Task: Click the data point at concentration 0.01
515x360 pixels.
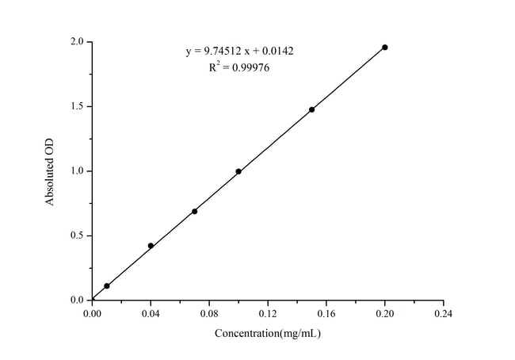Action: coord(107,285)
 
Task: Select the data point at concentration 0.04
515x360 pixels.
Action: coord(151,246)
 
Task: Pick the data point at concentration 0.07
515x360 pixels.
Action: coord(194,211)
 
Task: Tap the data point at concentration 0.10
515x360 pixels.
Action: coord(238,171)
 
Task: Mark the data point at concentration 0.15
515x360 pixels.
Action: coord(311,109)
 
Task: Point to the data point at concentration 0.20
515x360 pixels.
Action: coord(385,47)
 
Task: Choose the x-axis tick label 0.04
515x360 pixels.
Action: coord(151,314)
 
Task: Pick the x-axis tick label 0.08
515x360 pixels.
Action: coord(209,314)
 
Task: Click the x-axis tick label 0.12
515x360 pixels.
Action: coord(268,314)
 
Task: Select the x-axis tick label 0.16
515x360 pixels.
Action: coord(326,314)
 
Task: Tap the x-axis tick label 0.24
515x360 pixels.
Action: coord(444,314)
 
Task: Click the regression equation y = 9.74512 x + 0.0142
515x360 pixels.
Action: coord(241,52)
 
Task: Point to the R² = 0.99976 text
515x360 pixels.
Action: coord(241,68)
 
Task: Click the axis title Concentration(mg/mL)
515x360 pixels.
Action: coord(268,334)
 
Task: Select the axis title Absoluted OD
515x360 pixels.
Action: coord(49,171)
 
